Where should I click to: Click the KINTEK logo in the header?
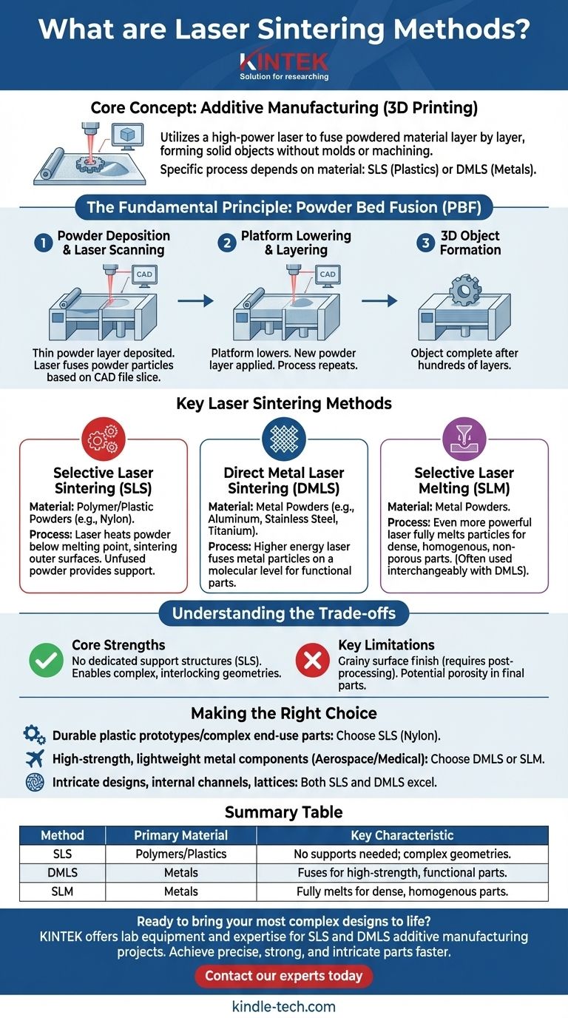coord(284,61)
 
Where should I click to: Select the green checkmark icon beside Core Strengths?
coord(47,660)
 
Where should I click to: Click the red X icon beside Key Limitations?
coord(313,660)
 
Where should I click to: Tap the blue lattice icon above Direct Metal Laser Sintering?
coord(284,439)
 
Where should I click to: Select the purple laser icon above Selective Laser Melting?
coord(464,439)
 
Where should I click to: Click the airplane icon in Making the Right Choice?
coord(34,758)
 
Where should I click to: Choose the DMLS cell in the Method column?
coord(62,873)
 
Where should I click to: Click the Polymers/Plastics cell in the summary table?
coord(180,854)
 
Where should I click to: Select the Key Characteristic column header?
coord(402,835)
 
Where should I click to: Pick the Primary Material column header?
coord(180,835)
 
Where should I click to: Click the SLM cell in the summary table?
coord(62,891)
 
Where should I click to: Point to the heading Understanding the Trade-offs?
coord(284,613)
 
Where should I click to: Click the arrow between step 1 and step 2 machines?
coord(195,301)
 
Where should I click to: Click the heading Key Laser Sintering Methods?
coord(284,404)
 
